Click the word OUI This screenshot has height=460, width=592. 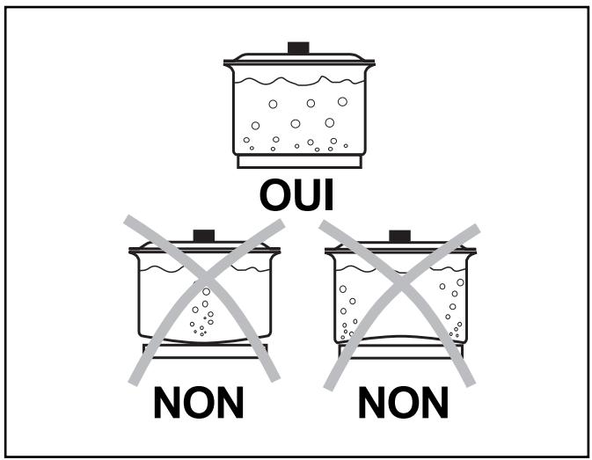click(x=296, y=194)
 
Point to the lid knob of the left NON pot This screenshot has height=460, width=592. click(x=204, y=236)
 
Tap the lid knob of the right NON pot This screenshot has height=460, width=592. click(x=399, y=236)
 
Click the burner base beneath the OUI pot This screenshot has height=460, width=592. click(x=298, y=162)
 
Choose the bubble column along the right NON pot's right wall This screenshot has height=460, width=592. click(x=454, y=308)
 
